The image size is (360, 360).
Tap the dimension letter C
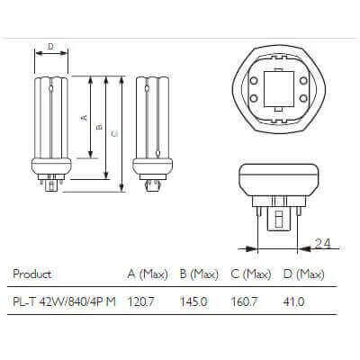pyautogui.click(x=113, y=133)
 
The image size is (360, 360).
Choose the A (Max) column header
pyautogui.click(x=148, y=274)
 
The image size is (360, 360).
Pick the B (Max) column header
pyautogui.click(x=199, y=274)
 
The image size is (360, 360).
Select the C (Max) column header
pyautogui.click(x=251, y=274)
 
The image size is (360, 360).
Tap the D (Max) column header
pyautogui.click(x=303, y=274)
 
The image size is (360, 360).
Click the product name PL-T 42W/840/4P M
pyautogui.click(x=66, y=301)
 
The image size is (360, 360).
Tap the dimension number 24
pyautogui.click(x=323, y=243)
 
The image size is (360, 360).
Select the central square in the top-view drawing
pyautogui.click(x=277, y=88)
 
